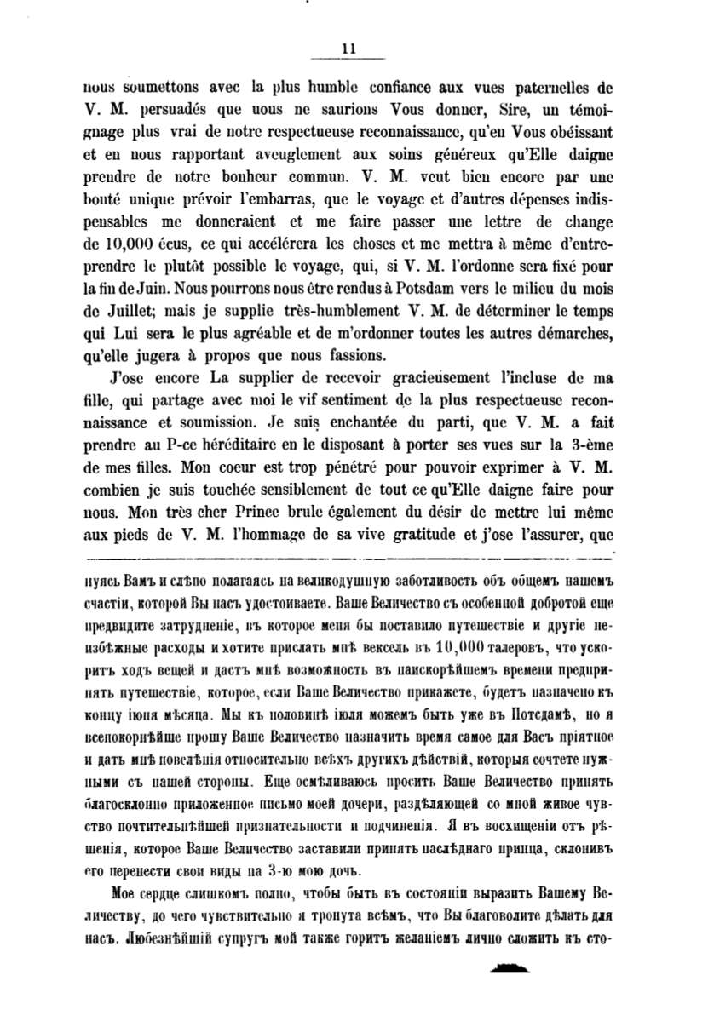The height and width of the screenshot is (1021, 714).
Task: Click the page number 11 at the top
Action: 348,49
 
